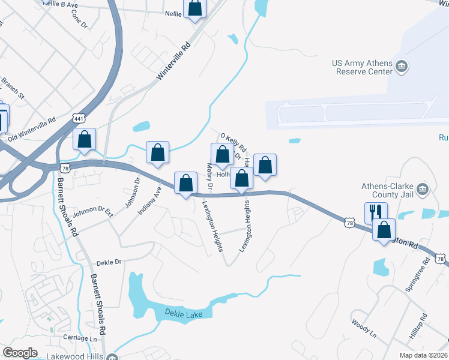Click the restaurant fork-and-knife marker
coord(376,211)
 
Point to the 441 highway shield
coord(77,118)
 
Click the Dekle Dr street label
coord(109,262)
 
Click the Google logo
coord(20,353)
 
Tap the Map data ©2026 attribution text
coord(424,355)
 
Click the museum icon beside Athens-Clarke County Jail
coord(423,190)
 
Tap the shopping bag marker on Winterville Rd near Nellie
coord(195,9)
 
